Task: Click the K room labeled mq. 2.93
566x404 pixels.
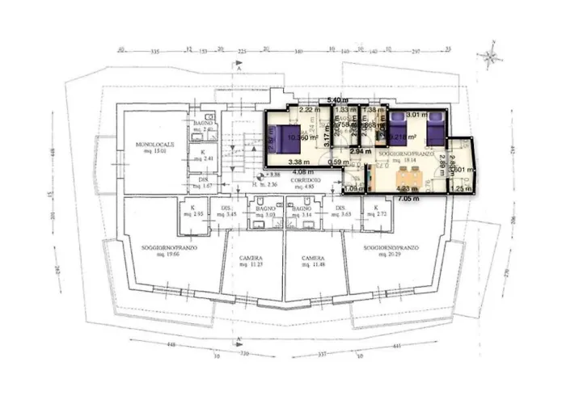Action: pyautogui.click(x=192, y=210)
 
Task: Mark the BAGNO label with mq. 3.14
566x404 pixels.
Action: pyautogui.click(x=302, y=210)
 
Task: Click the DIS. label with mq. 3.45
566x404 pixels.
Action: pyautogui.click(x=228, y=210)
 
